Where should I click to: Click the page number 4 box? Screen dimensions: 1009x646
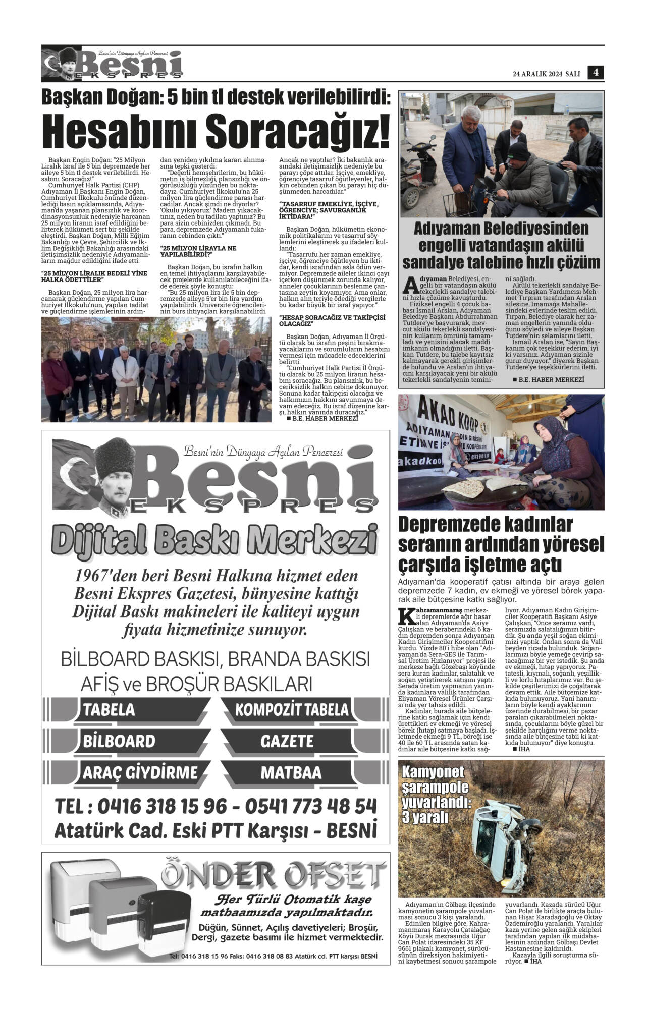pyautogui.click(x=596, y=73)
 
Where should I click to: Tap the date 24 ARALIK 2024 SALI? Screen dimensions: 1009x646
pyautogui.click(x=546, y=74)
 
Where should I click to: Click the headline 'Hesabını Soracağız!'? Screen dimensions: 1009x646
pyautogui.click(x=216, y=130)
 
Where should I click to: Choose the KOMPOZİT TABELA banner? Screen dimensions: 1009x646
pyautogui.click(x=292, y=710)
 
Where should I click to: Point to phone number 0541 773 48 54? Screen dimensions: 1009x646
pyautogui.click(x=311, y=806)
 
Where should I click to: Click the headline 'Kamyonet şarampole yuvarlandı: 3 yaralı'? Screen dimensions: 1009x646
pyautogui.click(x=435, y=794)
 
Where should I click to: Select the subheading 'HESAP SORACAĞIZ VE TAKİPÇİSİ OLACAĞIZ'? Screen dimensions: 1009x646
pyautogui.click(x=332, y=321)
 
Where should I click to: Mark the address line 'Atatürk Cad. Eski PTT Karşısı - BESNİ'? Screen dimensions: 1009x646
pyautogui.click(x=216, y=830)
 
